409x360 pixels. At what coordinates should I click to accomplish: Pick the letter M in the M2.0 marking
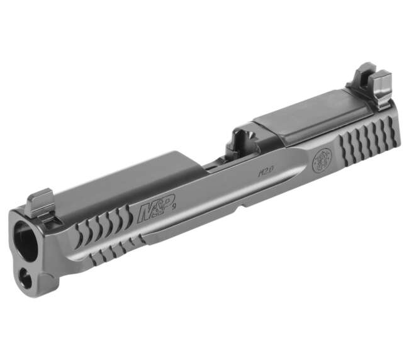pyautogui.click(x=260, y=172)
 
